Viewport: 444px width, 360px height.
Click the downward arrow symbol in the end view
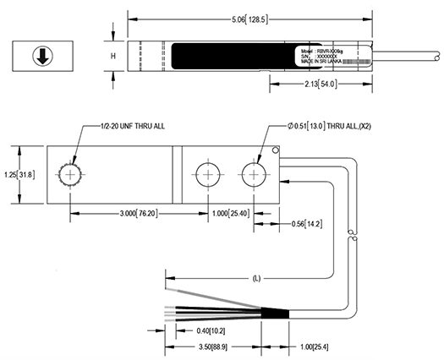40,56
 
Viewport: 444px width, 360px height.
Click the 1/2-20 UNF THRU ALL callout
125,125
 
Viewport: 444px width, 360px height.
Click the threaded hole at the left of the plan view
70,175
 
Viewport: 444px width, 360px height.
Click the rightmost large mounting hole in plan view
253,175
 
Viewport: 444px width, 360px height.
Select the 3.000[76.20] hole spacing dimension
129,214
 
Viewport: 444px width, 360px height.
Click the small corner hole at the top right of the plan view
277,151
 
